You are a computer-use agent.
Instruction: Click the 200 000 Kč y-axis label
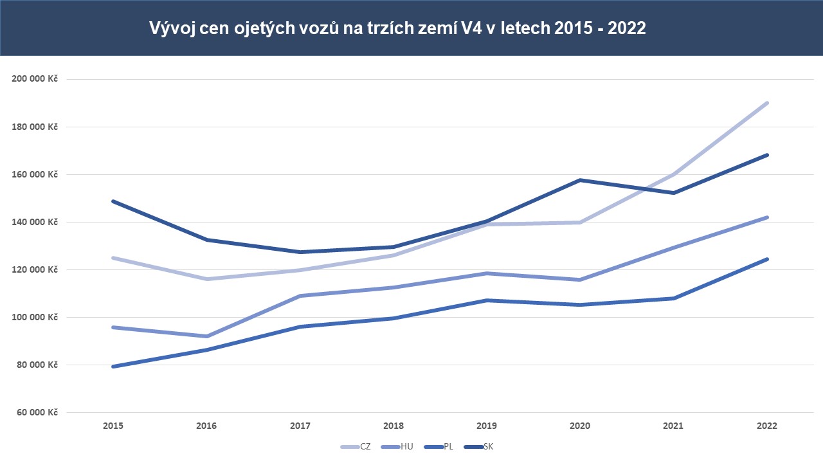coord(35,79)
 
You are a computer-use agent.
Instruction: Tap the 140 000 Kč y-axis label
coord(35,222)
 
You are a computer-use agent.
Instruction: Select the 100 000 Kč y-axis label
coord(35,317)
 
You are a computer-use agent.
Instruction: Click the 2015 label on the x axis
coord(113,426)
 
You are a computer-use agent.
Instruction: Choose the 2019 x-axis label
coord(487,426)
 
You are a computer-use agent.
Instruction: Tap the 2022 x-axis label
coord(767,426)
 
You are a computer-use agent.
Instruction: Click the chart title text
coord(397,28)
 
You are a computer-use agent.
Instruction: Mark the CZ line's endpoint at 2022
coord(767,103)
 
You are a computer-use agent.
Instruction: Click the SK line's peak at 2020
coord(580,180)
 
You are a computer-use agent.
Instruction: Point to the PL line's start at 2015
coord(113,367)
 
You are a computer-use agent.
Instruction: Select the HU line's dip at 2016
coord(206,336)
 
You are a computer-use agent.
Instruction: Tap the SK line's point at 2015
coord(113,201)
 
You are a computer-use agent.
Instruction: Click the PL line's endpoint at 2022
coord(767,259)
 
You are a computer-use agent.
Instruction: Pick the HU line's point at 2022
coord(767,217)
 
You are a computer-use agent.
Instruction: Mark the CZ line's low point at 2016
coord(206,279)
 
